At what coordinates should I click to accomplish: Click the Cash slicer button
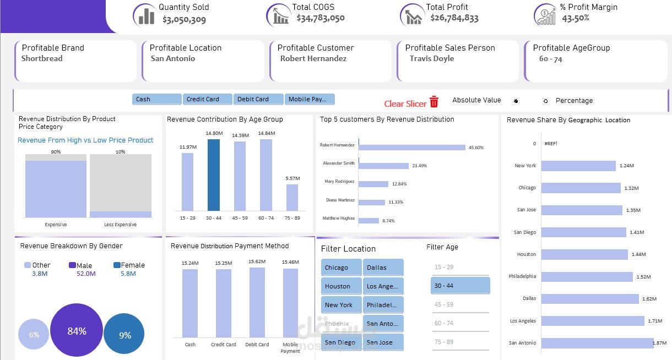[156, 99]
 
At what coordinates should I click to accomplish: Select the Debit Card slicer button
[258, 99]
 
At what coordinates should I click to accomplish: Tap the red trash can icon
[434, 102]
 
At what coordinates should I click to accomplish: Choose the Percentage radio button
[545, 101]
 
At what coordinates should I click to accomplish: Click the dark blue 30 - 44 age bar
[214, 174]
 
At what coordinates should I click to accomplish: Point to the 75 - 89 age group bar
[292, 197]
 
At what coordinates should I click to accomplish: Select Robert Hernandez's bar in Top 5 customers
[412, 148]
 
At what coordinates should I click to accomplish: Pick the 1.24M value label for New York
[627, 166]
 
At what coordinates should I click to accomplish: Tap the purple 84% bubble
[77, 331]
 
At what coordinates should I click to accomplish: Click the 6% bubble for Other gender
[34, 335]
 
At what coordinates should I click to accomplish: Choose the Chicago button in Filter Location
[340, 268]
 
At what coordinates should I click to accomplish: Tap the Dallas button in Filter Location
[383, 268]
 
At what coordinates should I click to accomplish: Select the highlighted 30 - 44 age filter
[460, 286]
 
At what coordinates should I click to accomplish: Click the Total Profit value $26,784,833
[454, 18]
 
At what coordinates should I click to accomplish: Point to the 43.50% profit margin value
[576, 18]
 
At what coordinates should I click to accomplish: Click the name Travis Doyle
[432, 58]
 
